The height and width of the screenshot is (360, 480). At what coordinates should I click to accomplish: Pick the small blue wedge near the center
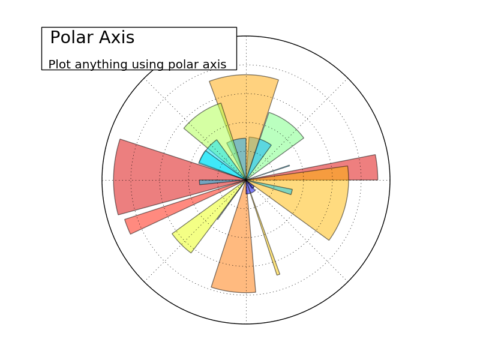(x=250, y=189)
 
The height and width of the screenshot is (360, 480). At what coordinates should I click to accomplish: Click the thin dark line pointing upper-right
(x=279, y=169)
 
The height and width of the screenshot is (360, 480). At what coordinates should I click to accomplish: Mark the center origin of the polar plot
(x=246, y=179)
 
